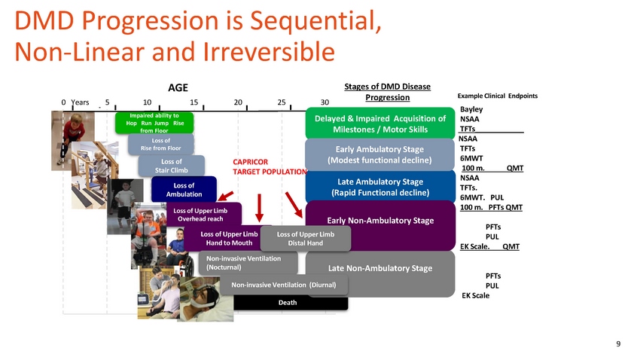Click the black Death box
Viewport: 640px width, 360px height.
coord(287,303)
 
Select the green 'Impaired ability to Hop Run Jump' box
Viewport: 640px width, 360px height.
coord(154,123)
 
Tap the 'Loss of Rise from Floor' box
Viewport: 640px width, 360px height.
coord(161,144)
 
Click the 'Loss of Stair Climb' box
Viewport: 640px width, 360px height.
coord(172,166)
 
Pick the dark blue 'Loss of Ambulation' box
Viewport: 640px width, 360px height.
coord(184,190)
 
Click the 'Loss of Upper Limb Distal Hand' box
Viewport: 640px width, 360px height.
coord(305,238)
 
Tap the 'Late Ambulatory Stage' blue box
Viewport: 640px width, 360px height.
coord(379,187)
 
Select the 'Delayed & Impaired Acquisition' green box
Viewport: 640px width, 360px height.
coord(379,124)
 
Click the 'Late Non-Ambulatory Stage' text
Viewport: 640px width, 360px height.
coord(379,269)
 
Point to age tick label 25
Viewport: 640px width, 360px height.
coord(282,102)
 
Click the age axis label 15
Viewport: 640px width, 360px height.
coord(194,102)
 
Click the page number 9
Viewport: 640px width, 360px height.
coord(618,344)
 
